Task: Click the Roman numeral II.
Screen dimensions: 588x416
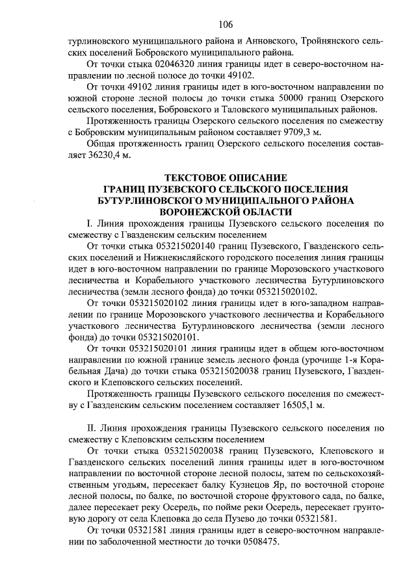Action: [x=92, y=428]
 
